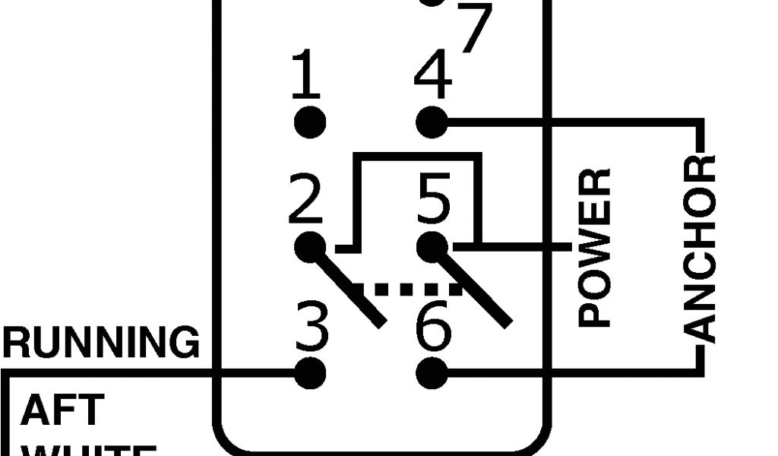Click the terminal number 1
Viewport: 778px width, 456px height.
306,76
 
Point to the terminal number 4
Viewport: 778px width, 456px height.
433,76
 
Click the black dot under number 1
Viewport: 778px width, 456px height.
309,122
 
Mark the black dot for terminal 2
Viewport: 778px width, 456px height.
309,248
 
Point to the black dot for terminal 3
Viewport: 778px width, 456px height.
309,373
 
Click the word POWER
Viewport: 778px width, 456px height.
595,248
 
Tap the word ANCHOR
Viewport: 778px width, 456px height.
700,248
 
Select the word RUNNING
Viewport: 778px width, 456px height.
101,343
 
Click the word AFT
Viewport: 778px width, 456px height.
62,410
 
